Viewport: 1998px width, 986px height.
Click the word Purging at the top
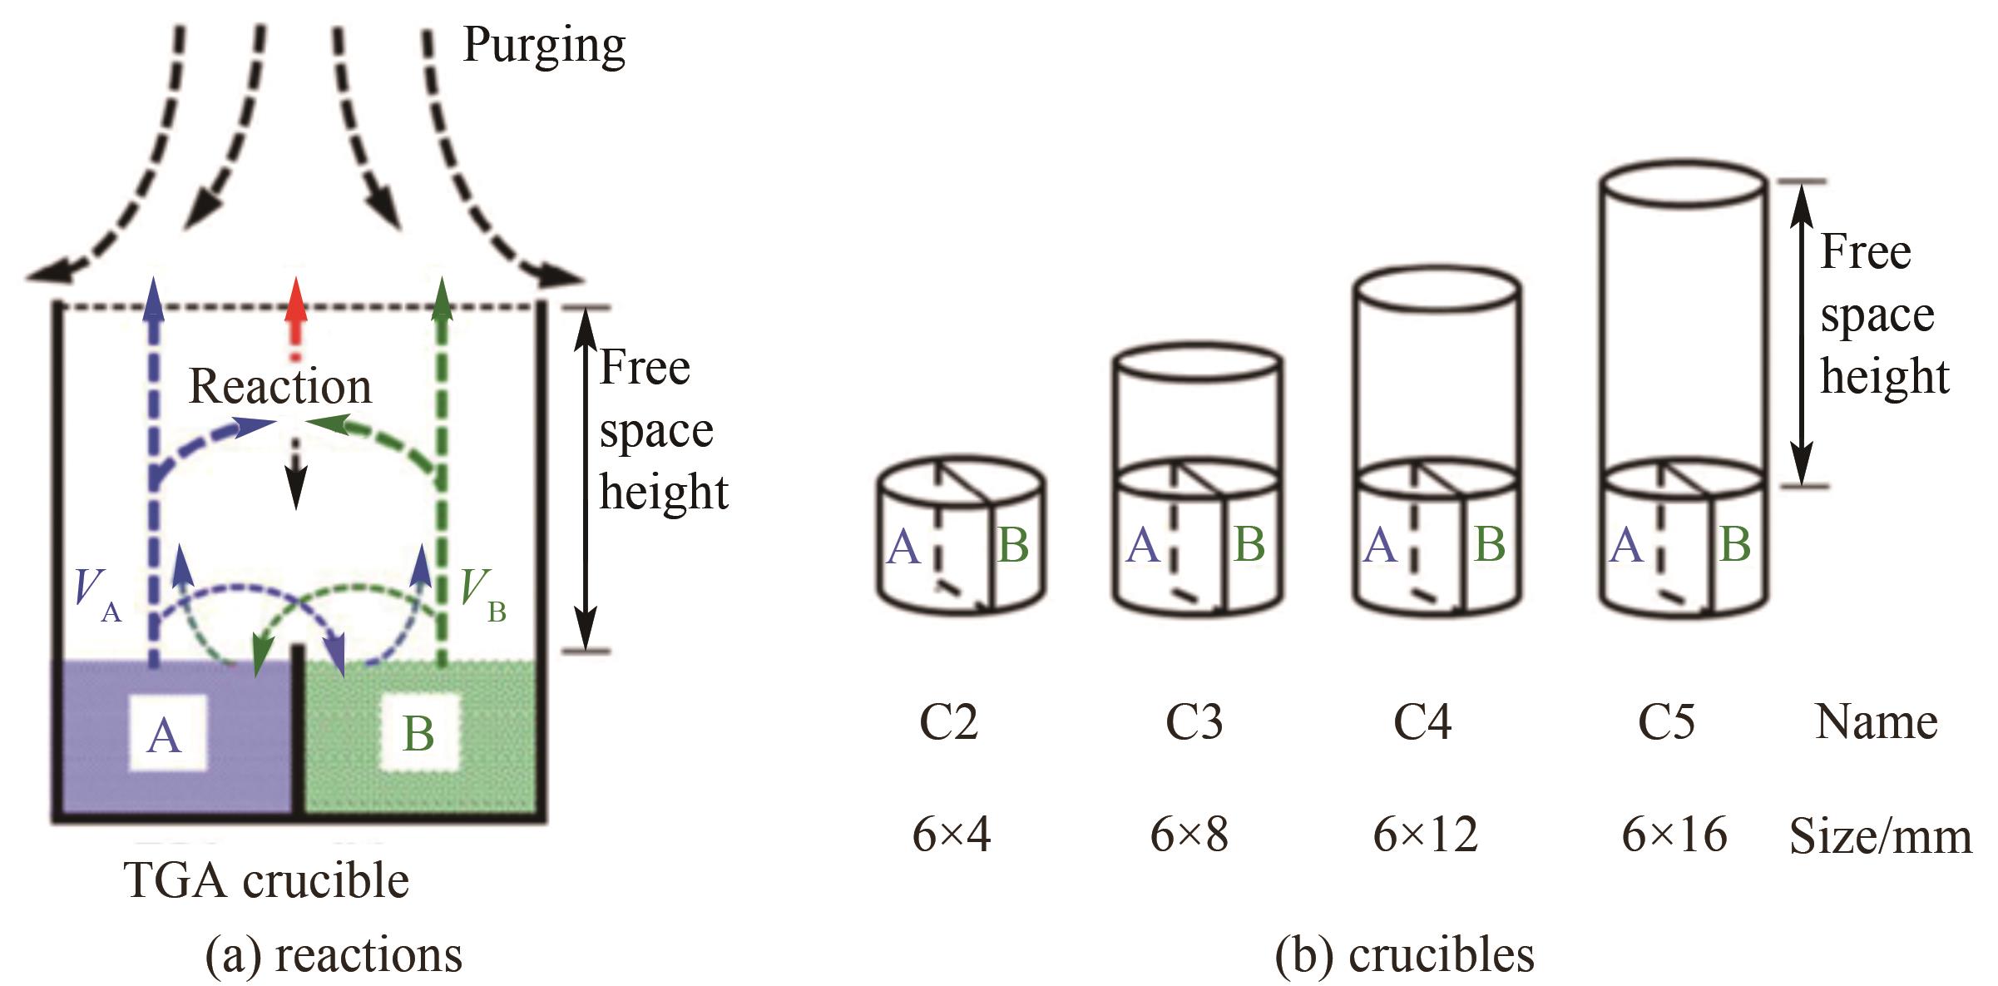coord(543,45)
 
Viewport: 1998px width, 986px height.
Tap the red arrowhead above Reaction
coord(295,301)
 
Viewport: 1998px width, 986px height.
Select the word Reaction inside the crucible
coord(280,386)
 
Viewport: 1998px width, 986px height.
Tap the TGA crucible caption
coord(266,880)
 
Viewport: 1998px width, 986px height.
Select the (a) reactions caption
coord(334,954)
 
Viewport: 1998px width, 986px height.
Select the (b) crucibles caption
coord(1404,954)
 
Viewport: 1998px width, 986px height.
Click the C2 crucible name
coord(948,721)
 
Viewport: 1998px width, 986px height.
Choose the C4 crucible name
coord(1422,721)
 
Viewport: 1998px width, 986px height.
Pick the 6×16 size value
coord(1674,834)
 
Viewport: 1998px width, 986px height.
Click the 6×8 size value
coord(1189,834)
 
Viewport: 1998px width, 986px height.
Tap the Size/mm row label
coord(1880,835)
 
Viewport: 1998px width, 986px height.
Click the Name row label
coord(1876,721)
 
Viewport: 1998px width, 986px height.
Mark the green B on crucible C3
coord(1249,544)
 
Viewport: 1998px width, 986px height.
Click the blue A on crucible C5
coord(1626,546)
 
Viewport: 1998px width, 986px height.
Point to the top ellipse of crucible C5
coord(1681,183)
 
